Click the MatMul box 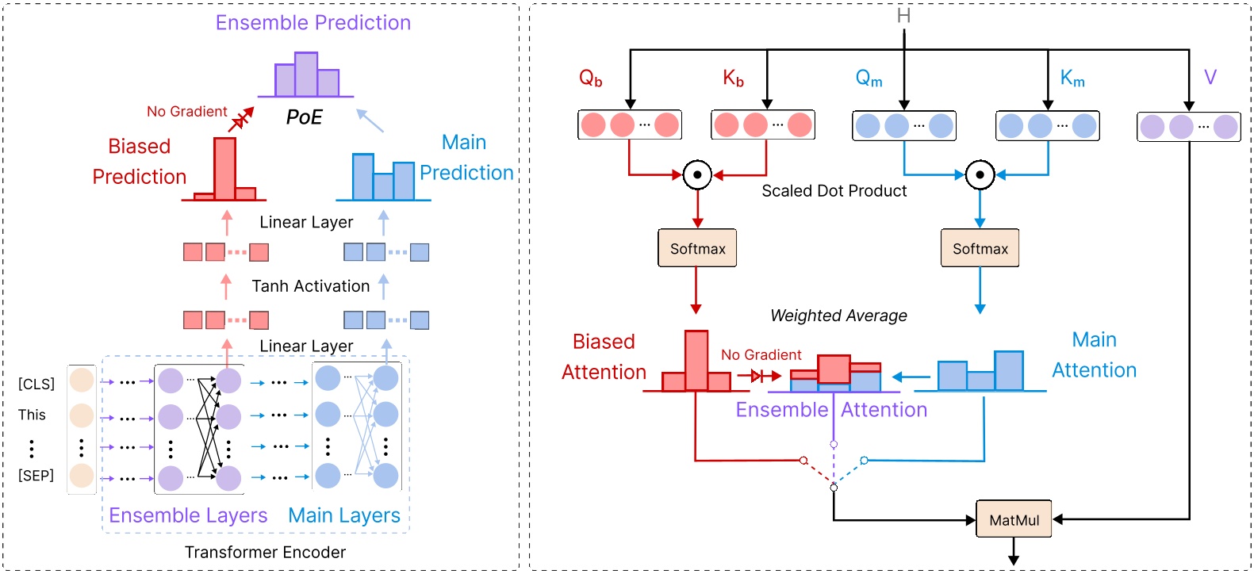(1014, 519)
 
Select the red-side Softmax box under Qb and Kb (697, 248)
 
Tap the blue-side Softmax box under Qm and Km (980, 248)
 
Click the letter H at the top (903, 16)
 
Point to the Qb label (590, 78)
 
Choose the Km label (1072, 78)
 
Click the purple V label (1210, 77)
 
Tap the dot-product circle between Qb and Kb (697, 174)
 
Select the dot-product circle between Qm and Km (980, 174)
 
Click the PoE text (304, 117)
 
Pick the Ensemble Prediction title (313, 22)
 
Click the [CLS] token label (36, 384)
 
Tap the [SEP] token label (36, 476)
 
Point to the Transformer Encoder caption (265, 553)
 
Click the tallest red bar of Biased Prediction (224, 168)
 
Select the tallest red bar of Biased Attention (696, 361)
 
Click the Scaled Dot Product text (834, 191)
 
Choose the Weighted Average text (838, 316)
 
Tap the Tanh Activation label (310, 286)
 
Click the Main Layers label (343, 515)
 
